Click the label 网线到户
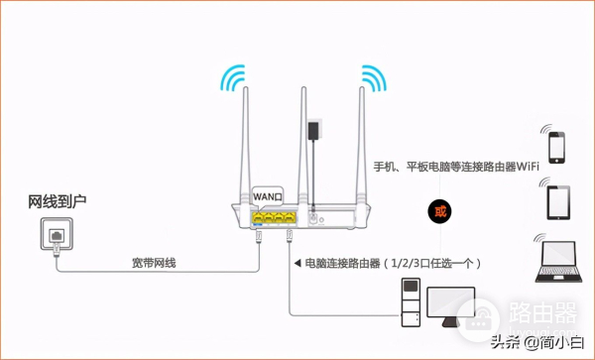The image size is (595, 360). click(x=58, y=202)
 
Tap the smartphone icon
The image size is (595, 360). click(x=554, y=143)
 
